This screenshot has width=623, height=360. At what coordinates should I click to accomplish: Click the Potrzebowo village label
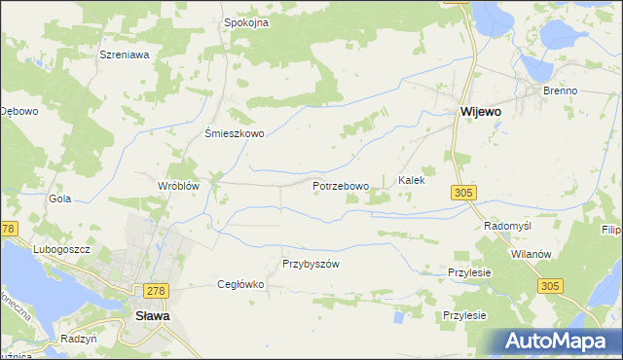[x=341, y=186]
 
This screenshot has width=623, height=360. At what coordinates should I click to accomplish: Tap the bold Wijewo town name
[x=480, y=112]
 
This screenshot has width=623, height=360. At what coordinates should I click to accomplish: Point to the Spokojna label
[x=246, y=22]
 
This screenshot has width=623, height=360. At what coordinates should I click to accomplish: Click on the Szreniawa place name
[x=124, y=55]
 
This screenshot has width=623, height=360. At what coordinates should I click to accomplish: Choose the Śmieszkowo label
[x=234, y=134]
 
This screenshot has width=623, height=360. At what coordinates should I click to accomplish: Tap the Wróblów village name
[x=178, y=186]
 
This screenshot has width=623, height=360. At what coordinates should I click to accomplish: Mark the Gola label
[x=60, y=198]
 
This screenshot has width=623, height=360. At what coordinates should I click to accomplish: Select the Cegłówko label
[x=240, y=285]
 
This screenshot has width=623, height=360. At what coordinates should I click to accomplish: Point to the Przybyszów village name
[x=310, y=264]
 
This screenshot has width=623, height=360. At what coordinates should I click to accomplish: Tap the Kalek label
[x=412, y=181]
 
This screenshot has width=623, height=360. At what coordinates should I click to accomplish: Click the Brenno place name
[x=561, y=90]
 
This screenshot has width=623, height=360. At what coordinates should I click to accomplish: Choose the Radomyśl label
[x=507, y=226]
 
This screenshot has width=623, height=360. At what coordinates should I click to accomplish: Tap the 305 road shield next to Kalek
[x=463, y=194]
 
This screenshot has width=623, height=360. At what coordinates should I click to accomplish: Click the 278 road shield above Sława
[x=155, y=291]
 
